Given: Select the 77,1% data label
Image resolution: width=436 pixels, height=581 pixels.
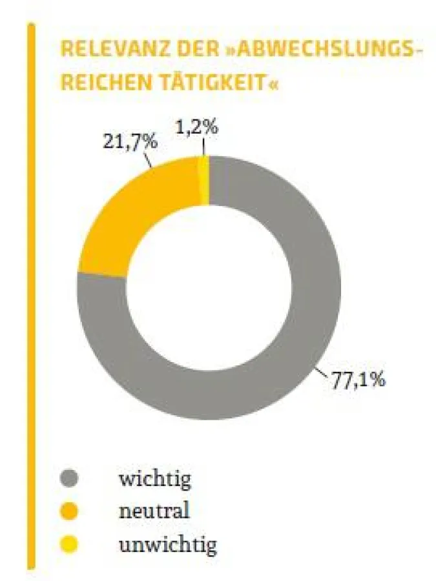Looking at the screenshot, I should coord(358,379).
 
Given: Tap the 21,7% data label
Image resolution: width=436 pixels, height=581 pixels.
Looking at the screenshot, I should coord(130,141).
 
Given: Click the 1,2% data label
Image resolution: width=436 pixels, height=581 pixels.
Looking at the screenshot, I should coord(196,127).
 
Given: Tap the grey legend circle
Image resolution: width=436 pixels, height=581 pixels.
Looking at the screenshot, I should coord(68,479).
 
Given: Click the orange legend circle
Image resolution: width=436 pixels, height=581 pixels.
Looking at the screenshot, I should coord(68,513).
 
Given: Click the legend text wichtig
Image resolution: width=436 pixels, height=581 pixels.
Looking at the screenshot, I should coord(155,479).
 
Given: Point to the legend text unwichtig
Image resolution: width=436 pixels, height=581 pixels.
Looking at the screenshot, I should coord(167,545).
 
